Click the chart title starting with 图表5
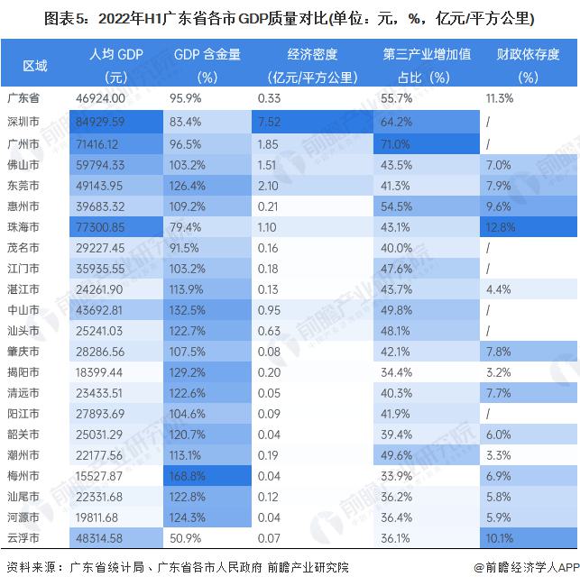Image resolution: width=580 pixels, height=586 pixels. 290,17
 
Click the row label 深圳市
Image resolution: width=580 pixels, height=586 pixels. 22,121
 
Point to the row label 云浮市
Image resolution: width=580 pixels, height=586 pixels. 22,537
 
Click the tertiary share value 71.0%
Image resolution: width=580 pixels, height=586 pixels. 397,142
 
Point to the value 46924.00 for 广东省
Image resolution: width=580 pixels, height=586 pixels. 106,97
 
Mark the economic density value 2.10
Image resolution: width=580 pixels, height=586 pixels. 269,184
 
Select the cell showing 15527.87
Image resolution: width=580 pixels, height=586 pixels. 106,475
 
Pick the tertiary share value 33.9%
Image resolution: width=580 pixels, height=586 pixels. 397,475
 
